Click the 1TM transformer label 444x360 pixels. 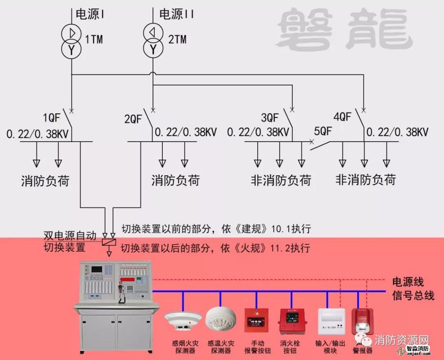[x=94, y=39]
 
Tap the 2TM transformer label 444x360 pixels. [x=177, y=39]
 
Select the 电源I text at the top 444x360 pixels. [x=90, y=14]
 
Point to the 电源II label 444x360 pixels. [x=176, y=14]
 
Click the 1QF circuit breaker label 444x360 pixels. [x=51, y=118]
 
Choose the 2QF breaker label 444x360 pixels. [x=133, y=119]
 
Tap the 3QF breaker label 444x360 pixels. [x=270, y=118]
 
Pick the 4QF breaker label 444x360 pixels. [x=342, y=117]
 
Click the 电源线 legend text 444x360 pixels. [x=408, y=282]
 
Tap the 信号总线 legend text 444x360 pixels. [x=413, y=295]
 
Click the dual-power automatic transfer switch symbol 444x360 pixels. [x=109, y=242]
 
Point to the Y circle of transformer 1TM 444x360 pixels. [x=71, y=50]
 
